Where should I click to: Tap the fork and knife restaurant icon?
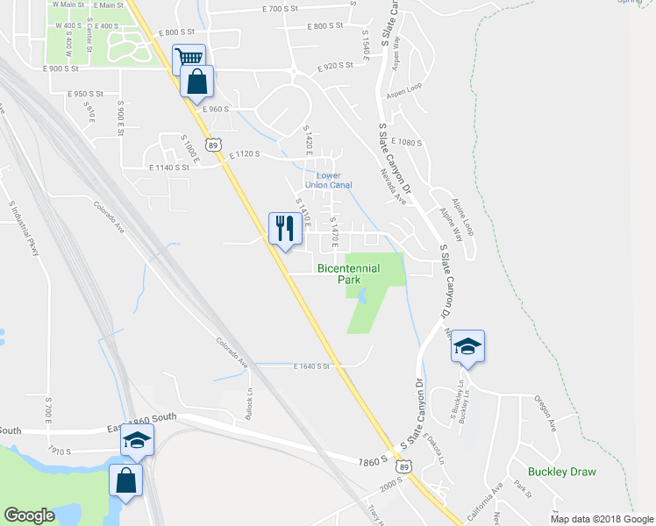point(284,229)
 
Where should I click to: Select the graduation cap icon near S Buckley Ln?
point(467,345)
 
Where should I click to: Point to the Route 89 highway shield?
point(213,142)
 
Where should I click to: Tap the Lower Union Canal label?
point(328,180)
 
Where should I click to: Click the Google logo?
point(29,515)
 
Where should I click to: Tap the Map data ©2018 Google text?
point(602,518)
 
